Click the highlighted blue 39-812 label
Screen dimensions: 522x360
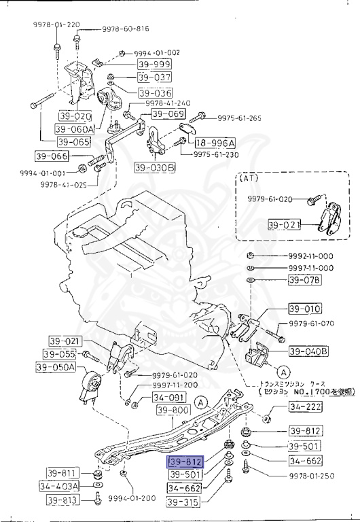tap(185, 462)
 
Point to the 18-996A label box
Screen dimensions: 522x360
tap(215, 143)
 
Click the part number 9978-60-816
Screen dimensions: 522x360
tap(126, 30)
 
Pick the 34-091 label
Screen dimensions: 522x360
tap(167, 398)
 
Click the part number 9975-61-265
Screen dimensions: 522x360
tap(239, 118)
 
